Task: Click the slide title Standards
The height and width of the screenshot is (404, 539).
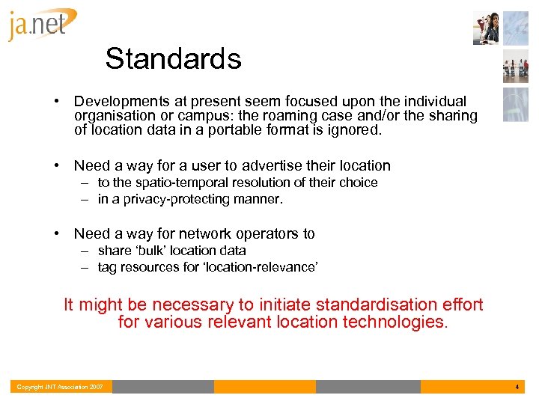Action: pyautogui.click(x=173, y=58)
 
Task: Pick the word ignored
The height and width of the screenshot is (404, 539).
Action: pyautogui.click(x=355, y=130)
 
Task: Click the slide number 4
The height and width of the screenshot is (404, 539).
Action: pyautogui.click(x=517, y=387)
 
